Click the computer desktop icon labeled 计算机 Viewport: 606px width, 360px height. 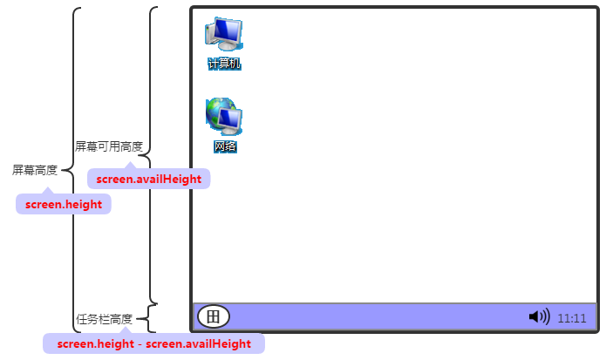coord(223,35)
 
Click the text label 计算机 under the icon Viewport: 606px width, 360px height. coord(224,64)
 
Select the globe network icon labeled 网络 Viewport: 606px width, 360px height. coord(223,117)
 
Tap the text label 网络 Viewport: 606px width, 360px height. coord(225,146)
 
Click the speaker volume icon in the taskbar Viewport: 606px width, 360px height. coord(539,316)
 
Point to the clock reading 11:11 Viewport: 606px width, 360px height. coord(572,318)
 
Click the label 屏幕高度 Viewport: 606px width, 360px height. coord(35,170)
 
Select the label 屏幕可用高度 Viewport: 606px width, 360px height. coord(108,146)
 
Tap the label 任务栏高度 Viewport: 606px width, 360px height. coord(105,319)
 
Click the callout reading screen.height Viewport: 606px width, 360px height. coord(64,205)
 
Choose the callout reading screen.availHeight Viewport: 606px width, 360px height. coord(149,179)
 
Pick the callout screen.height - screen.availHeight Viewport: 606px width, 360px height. coord(153,343)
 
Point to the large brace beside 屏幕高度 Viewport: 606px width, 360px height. coord(74,170)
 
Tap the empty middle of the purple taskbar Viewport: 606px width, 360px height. coord(375,316)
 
